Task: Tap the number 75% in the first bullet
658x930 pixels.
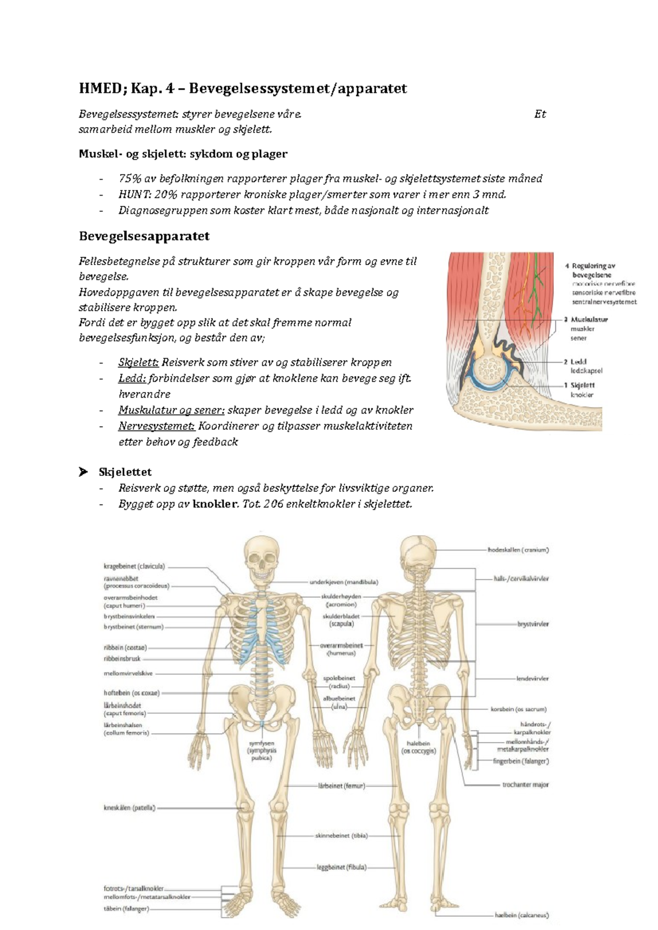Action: [130, 179]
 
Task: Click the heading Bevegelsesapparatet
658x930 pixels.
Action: [144, 237]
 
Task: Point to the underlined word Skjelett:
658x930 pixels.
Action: [138, 363]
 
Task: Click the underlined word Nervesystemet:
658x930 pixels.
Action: [156, 426]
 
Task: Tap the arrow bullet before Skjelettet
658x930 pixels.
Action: [83, 472]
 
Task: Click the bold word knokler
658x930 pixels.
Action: [215, 504]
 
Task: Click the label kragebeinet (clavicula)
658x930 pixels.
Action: [134, 566]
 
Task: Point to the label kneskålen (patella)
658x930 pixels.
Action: [130, 808]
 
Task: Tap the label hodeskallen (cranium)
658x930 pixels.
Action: [518, 550]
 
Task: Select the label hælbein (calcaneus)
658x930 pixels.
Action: [521, 915]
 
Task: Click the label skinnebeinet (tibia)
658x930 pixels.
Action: [341, 836]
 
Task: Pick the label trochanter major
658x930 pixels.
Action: [525, 785]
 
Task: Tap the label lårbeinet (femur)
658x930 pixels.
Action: [341, 786]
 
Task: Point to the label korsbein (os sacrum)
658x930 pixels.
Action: [518, 709]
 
